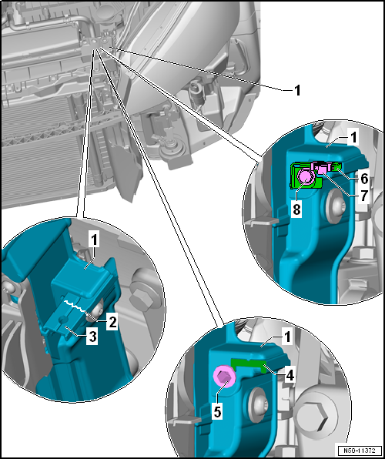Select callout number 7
click(x=363, y=196)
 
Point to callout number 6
click(x=363, y=179)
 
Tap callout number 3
click(x=92, y=337)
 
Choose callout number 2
click(x=112, y=322)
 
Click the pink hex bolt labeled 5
click(x=225, y=379)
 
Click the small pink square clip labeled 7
click(x=323, y=169)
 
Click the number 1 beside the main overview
click(x=298, y=90)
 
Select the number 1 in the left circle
click(x=95, y=241)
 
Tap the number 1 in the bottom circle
click(x=288, y=337)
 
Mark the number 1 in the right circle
click(x=353, y=137)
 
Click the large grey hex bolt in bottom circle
click(x=320, y=414)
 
